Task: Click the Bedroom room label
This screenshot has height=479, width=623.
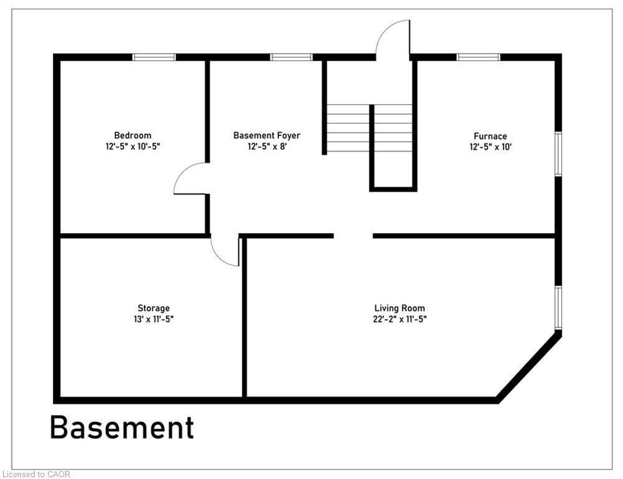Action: click(133, 135)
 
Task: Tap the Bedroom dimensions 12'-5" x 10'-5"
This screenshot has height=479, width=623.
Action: click(133, 147)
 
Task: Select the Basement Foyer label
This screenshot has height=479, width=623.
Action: click(267, 135)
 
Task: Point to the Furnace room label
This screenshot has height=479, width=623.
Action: click(490, 136)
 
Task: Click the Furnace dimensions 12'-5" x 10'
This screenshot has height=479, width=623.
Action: click(490, 147)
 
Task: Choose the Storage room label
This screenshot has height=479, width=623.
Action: click(153, 308)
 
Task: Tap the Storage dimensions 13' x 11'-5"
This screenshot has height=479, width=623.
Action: click(153, 319)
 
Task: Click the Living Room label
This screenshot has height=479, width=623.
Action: click(399, 308)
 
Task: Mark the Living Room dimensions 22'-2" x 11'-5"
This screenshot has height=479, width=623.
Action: click(399, 319)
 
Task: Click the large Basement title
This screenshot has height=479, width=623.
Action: click(122, 428)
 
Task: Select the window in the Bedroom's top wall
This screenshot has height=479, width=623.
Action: click(154, 57)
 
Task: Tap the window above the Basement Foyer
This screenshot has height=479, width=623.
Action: click(291, 57)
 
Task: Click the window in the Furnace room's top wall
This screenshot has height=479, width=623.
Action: click(478, 57)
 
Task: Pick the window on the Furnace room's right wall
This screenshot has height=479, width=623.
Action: click(558, 154)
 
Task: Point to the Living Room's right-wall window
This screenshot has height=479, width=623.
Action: click(558, 307)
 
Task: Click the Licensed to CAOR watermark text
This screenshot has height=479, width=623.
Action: click(36, 474)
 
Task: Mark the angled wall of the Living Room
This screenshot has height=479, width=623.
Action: click(529, 367)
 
